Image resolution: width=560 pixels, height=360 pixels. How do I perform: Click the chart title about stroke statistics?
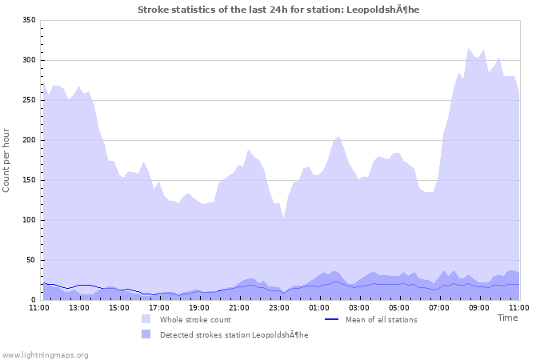(278, 10)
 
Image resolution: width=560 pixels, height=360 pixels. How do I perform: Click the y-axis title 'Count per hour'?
(7, 160)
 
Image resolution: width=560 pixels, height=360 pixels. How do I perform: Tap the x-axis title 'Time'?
(507, 318)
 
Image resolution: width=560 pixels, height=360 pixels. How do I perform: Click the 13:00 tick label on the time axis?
(78, 307)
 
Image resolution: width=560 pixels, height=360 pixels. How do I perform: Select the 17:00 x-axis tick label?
(158, 307)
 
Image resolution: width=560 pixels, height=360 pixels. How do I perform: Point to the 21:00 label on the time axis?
(238, 307)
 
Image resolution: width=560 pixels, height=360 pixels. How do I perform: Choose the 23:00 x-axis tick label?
(278, 307)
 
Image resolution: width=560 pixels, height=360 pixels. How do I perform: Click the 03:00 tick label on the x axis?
(358, 307)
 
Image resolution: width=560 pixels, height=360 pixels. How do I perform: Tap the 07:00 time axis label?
(438, 307)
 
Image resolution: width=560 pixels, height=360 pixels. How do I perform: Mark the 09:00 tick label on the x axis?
(478, 307)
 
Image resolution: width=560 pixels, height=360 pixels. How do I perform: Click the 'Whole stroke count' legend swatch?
(146, 319)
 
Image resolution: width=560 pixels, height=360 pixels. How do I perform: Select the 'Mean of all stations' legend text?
(381, 319)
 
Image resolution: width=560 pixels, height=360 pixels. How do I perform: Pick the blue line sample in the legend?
(332, 319)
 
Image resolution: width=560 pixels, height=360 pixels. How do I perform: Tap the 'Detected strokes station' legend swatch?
(146, 334)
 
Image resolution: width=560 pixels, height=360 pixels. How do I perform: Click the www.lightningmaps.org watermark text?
(45, 354)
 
